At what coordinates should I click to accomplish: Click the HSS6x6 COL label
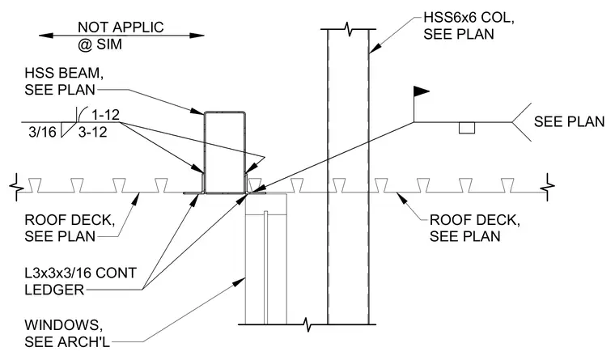click(469, 18)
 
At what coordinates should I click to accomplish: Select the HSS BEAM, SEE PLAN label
click(64, 82)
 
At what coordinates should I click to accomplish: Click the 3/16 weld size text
click(42, 132)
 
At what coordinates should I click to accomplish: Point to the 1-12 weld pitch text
click(105, 115)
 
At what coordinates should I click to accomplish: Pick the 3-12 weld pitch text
click(92, 132)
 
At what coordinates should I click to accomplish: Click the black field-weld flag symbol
click(422, 91)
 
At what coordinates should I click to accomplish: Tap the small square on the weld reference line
click(467, 128)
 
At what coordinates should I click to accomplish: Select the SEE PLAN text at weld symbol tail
click(569, 121)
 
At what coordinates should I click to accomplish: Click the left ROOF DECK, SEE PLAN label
click(70, 228)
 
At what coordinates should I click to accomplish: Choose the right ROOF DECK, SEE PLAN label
click(474, 228)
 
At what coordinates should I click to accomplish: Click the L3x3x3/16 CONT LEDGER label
click(80, 282)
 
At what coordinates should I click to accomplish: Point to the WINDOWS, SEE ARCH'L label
click(67, 333)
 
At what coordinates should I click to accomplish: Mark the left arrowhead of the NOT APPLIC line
click(46, 36)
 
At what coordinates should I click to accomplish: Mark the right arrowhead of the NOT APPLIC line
click(197, 36)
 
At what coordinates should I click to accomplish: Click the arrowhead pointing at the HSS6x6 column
click(374, 48)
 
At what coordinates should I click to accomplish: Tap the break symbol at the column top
click(347, 29)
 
